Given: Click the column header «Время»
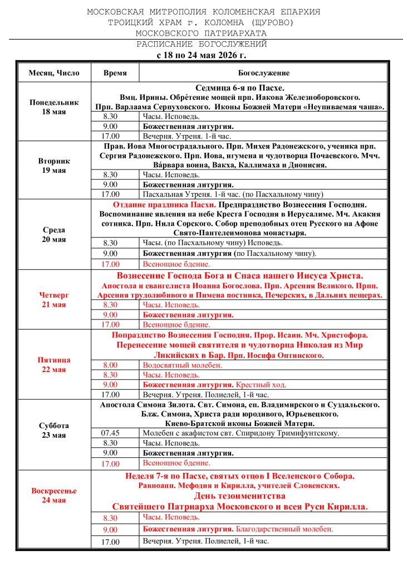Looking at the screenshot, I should (x=115, y=73).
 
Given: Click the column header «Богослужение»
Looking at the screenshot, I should (x=264, y=73).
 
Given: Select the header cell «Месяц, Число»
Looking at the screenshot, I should (x=54, y=73).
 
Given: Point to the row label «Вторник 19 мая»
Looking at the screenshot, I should (x=54, y=166).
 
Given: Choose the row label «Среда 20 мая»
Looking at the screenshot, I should (x=54, y=235).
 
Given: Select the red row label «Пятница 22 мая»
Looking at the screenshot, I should (x=54, y=365).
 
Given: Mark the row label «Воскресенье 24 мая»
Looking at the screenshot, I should (x=54, y=495).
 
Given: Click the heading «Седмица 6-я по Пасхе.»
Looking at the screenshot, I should (x=240, y=88).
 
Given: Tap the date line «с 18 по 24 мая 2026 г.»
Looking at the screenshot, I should (x=202, y=55).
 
